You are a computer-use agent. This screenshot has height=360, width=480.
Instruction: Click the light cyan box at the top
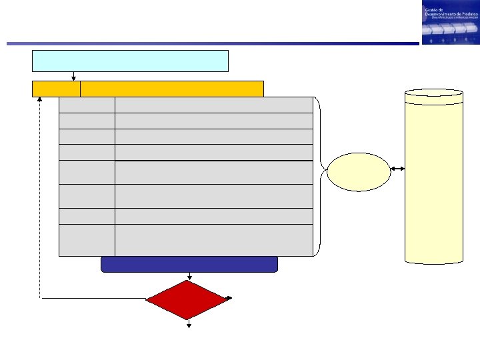[x=130, y=60]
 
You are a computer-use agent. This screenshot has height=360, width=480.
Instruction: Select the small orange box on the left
[x=56, y=89]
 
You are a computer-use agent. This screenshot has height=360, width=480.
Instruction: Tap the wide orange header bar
[x=171, y=89]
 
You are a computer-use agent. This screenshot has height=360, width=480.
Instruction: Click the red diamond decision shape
[x=187, y=299]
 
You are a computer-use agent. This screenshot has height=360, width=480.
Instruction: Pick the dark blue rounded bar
[x=189, y=264]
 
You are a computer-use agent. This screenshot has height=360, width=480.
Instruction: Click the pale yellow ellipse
[x=359, y=172]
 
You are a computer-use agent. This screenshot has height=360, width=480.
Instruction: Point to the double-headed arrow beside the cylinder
[x=397, y=169]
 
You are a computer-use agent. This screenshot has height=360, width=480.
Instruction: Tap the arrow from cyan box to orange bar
[x=73, y=75]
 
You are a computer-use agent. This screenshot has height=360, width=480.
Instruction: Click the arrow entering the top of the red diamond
[x=189, y=275]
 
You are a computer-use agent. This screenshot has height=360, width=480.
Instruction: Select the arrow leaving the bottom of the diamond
[x=189, y=323]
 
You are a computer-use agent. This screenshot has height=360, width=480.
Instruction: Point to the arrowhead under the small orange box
[x=40, y=100]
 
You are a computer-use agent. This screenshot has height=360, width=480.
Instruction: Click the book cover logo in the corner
[x=449, y=23]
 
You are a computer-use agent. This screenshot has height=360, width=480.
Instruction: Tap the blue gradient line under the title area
[x=213, y=44]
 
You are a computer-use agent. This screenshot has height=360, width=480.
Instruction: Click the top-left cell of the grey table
[x=87, y=105]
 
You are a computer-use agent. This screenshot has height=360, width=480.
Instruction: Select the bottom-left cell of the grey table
[x=87, y=240]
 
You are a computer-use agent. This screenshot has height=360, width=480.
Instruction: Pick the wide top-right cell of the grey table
[x=213, y=105]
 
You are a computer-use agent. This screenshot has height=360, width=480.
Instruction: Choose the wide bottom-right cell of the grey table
[x=213, y=240]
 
